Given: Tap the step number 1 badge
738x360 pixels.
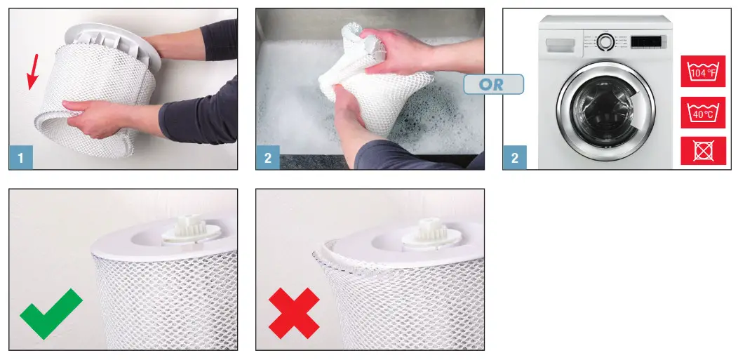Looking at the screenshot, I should point(20,158).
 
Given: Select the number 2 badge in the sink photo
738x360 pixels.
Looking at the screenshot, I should point(267,158).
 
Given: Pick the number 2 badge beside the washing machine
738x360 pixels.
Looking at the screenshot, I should point(514,158).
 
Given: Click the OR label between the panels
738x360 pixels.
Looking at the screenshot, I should point(493,84).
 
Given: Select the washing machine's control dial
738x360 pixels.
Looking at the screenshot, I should point(605,41).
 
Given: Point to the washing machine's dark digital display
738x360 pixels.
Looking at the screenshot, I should point(648,41).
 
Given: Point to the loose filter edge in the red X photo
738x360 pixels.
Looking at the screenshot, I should point(325,251).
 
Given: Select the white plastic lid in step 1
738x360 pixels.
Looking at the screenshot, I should point(116,42).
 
